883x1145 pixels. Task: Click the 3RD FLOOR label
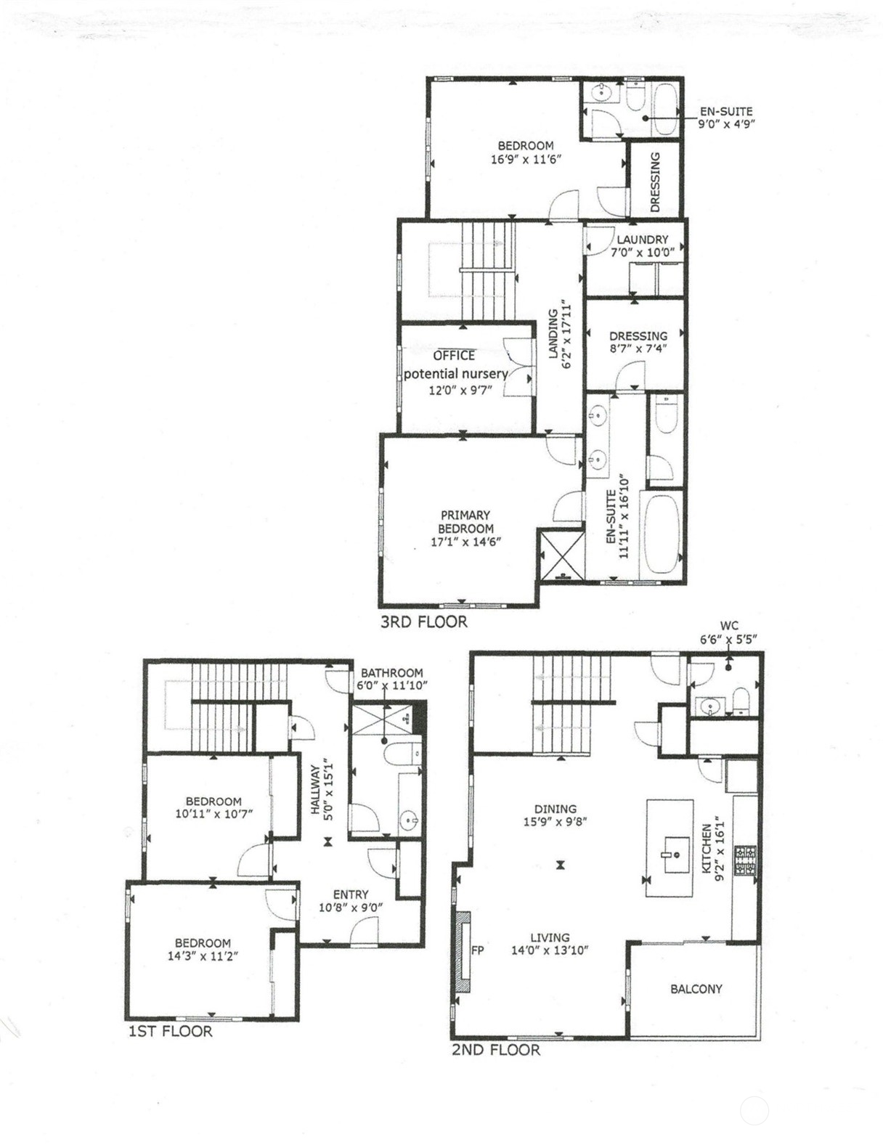[x=423, y=622]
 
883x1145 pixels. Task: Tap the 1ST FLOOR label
[x=170, y=1031]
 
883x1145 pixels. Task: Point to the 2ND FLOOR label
[x=496, y=1050]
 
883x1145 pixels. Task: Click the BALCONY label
[x=696, y=989]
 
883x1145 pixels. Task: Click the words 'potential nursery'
[x=456, y=374]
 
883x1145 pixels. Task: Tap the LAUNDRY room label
[x=642, y=240]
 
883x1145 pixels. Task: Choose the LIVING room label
[x=550, y=937]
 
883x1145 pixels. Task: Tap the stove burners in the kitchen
[x=746, y=860]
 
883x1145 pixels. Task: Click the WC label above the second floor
[x=729, y=626]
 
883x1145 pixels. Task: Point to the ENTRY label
[x=350, y=895]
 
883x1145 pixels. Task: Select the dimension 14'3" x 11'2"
[x=203, y=955]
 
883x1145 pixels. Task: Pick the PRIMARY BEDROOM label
[x=465, y=521]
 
